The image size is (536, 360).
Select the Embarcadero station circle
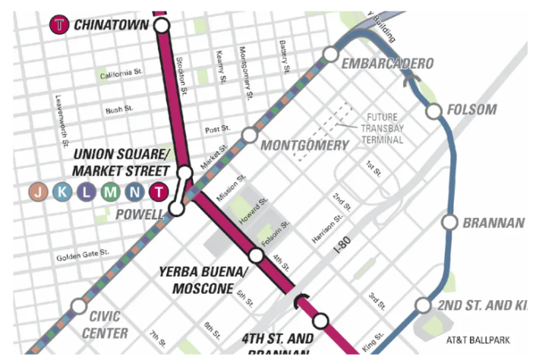click(x=329, y=54)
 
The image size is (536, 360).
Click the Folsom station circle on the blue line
click(x=434, y=112)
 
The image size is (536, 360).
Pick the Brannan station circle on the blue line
click(x=449, y=222)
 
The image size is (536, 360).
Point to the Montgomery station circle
click(x=249, y=135)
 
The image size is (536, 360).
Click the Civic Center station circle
click(x=77, y=307)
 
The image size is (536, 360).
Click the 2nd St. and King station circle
click(x=423, y=305)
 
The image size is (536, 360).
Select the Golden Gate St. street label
click(x=83, y=256)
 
